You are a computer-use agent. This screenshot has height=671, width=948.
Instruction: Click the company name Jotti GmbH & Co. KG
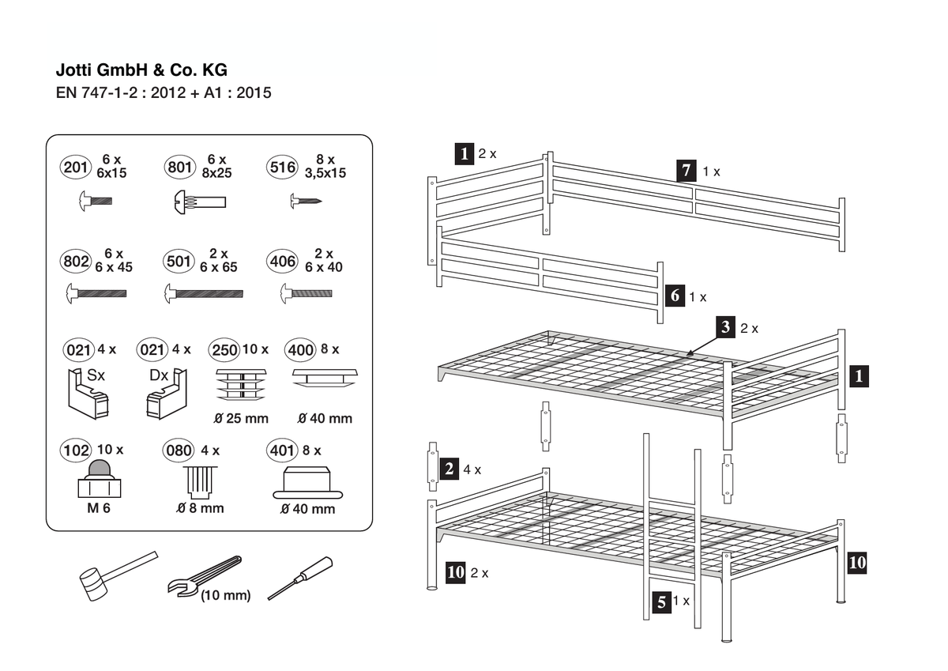pos(141,70)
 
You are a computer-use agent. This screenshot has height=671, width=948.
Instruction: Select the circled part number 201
pos(75,168)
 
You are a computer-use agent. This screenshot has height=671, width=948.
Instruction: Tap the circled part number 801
pos(180,168)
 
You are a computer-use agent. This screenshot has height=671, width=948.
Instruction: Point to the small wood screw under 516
pos(306,201)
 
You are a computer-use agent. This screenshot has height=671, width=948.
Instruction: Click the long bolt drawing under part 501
pos(204,293)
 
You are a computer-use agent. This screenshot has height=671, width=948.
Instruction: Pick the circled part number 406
pos(282,261)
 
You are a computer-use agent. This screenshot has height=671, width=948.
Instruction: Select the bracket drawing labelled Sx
pos(88,394)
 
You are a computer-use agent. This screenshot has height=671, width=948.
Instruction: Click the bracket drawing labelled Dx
pos(167,394)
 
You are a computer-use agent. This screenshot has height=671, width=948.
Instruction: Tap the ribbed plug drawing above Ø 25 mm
pos(241,384)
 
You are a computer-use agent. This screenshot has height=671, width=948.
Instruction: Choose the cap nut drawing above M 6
pos(100,478)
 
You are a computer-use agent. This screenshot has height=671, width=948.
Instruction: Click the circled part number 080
pos(179,450)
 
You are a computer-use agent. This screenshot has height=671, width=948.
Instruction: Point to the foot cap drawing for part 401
pos(307,483)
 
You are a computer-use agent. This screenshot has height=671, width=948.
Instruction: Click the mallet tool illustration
pos(118,575)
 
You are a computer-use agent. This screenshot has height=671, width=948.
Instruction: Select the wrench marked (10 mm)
pos(205,575)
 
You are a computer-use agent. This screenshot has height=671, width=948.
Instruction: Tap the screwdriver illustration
pos(300,578)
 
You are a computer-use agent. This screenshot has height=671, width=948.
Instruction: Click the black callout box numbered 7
pos(686,171)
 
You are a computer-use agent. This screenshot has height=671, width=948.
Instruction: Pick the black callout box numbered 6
pos(675,296)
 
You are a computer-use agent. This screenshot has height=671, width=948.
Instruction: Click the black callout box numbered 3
pos(726,327)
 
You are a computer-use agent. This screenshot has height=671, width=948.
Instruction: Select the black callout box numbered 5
pos(661,602)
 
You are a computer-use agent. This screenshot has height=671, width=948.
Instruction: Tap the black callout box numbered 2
pos(450,469)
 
